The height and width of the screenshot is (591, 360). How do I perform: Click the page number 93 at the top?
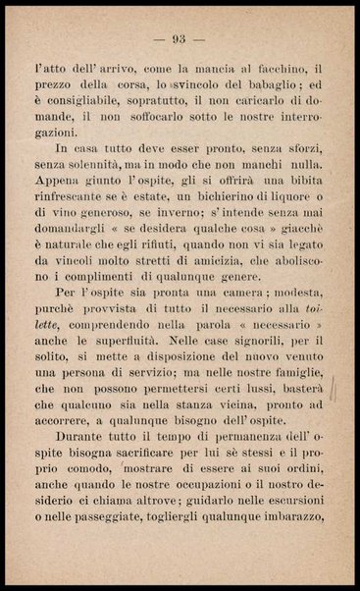click(179, 40)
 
